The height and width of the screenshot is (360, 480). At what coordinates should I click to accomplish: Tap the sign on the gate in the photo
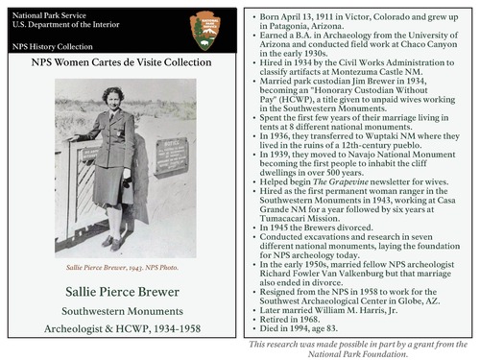tap(171, 156)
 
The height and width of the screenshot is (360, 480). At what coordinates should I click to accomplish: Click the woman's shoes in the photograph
tap(113, 243)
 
